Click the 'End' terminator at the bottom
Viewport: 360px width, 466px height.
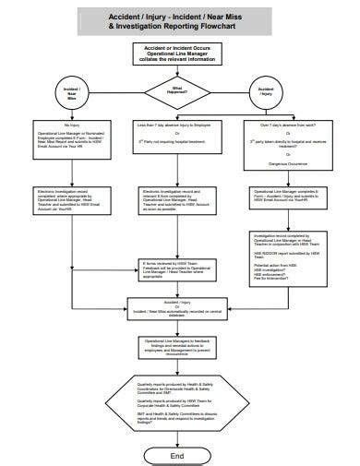point(178,455)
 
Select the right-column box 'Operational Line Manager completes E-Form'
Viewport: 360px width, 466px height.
point(282,198)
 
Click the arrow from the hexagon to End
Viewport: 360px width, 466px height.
point(178,440)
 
